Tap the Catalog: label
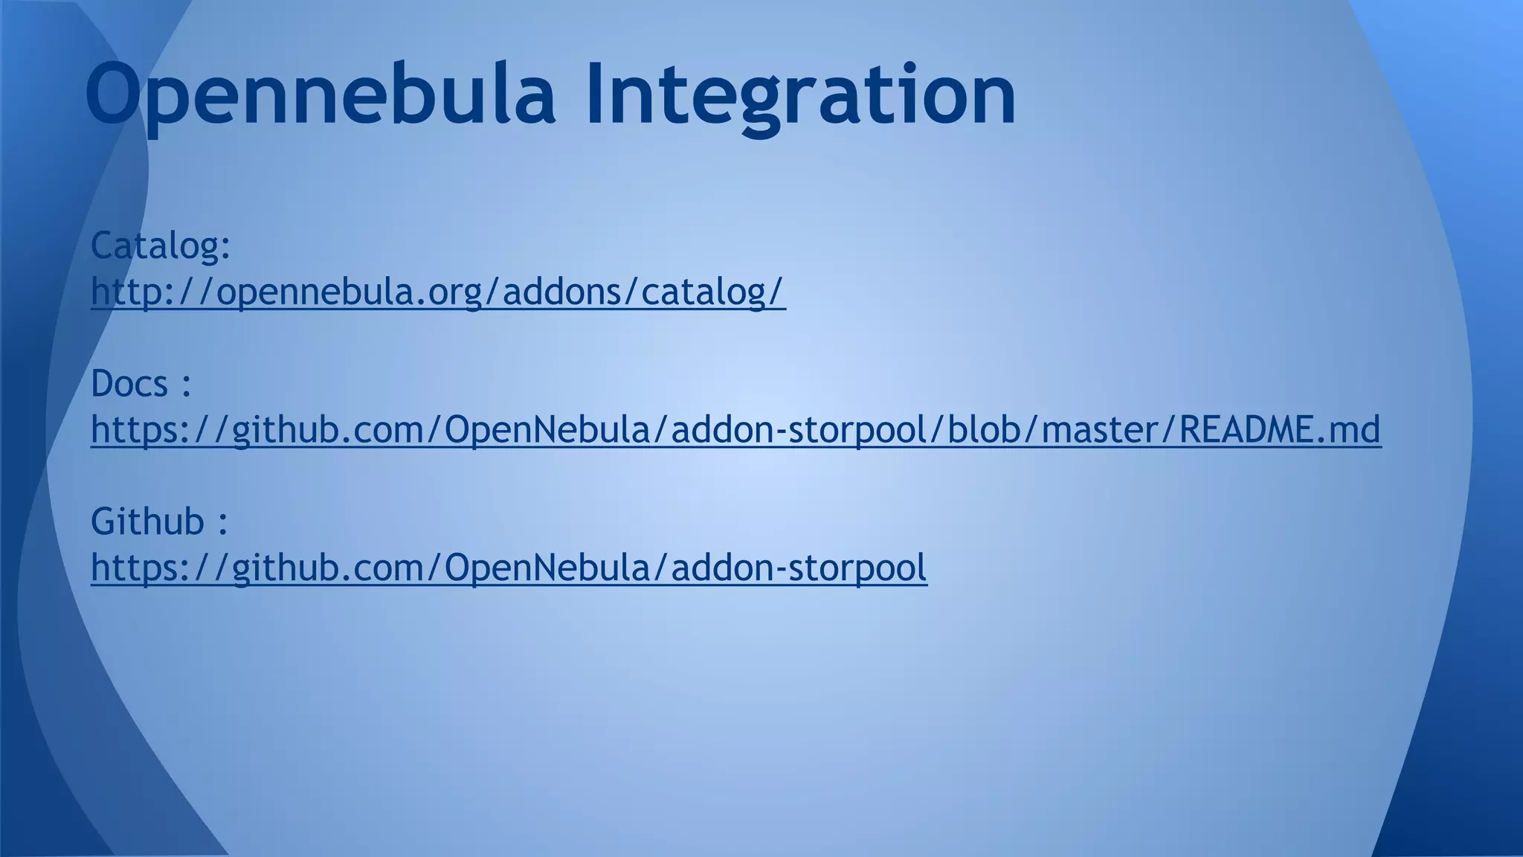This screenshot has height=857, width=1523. coord(161,245)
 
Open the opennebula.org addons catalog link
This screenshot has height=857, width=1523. coord(438,291)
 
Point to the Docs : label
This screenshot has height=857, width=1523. coord(141,384)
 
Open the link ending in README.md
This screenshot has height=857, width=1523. coord(735,429)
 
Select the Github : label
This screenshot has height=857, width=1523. coord(159,521)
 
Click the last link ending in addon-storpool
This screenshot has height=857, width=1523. coord(509,568)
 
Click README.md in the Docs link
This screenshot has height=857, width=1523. coord(1280,429)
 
